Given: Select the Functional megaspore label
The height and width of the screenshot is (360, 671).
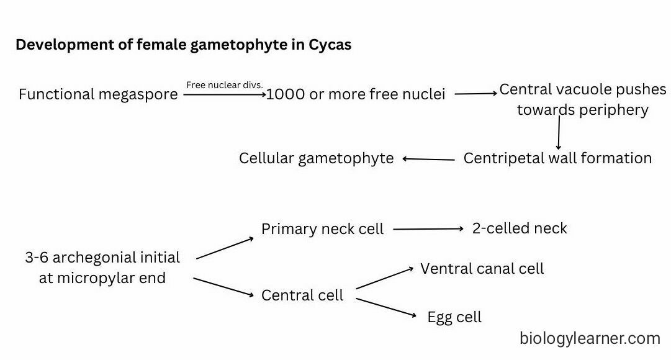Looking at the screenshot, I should click(x=98, y=95).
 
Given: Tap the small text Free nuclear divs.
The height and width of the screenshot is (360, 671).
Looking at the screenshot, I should click(x=225, y=85).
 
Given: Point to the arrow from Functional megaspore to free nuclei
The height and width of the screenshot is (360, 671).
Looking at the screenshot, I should click(x=224, y=95).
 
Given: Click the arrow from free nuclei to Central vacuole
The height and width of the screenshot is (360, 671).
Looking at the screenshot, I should click(x=476, y=94).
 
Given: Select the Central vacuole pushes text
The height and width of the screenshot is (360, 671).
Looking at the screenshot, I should click(x=582, y=90).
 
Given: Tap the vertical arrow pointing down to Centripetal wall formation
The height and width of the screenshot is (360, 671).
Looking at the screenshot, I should click(x=559, y=132).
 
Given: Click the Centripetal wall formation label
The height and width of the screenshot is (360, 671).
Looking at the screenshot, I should click(x=557, y=158).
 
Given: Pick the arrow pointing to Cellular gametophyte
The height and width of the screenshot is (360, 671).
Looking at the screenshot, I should click(x=429, y=159).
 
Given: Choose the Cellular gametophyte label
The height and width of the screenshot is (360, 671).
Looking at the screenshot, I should click(x=316, y=158).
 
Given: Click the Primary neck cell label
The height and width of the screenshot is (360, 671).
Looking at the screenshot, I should click(x=322, y=229).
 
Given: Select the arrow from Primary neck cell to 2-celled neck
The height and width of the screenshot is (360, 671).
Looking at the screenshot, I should click(x=428, y=229).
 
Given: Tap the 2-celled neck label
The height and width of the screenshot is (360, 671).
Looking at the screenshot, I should click(x=520, y=228).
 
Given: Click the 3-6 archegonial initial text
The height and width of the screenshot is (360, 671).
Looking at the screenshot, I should click(x=102, y=258).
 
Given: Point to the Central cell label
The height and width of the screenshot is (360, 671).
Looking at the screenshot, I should click(x=302, y=295).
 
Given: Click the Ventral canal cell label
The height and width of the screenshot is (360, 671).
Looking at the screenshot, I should click(x=482, y=269).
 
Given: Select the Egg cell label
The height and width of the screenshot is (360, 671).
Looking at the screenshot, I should click(x=454, y=317).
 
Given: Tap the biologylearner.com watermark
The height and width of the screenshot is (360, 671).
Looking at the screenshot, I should click(x=590, y=338).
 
